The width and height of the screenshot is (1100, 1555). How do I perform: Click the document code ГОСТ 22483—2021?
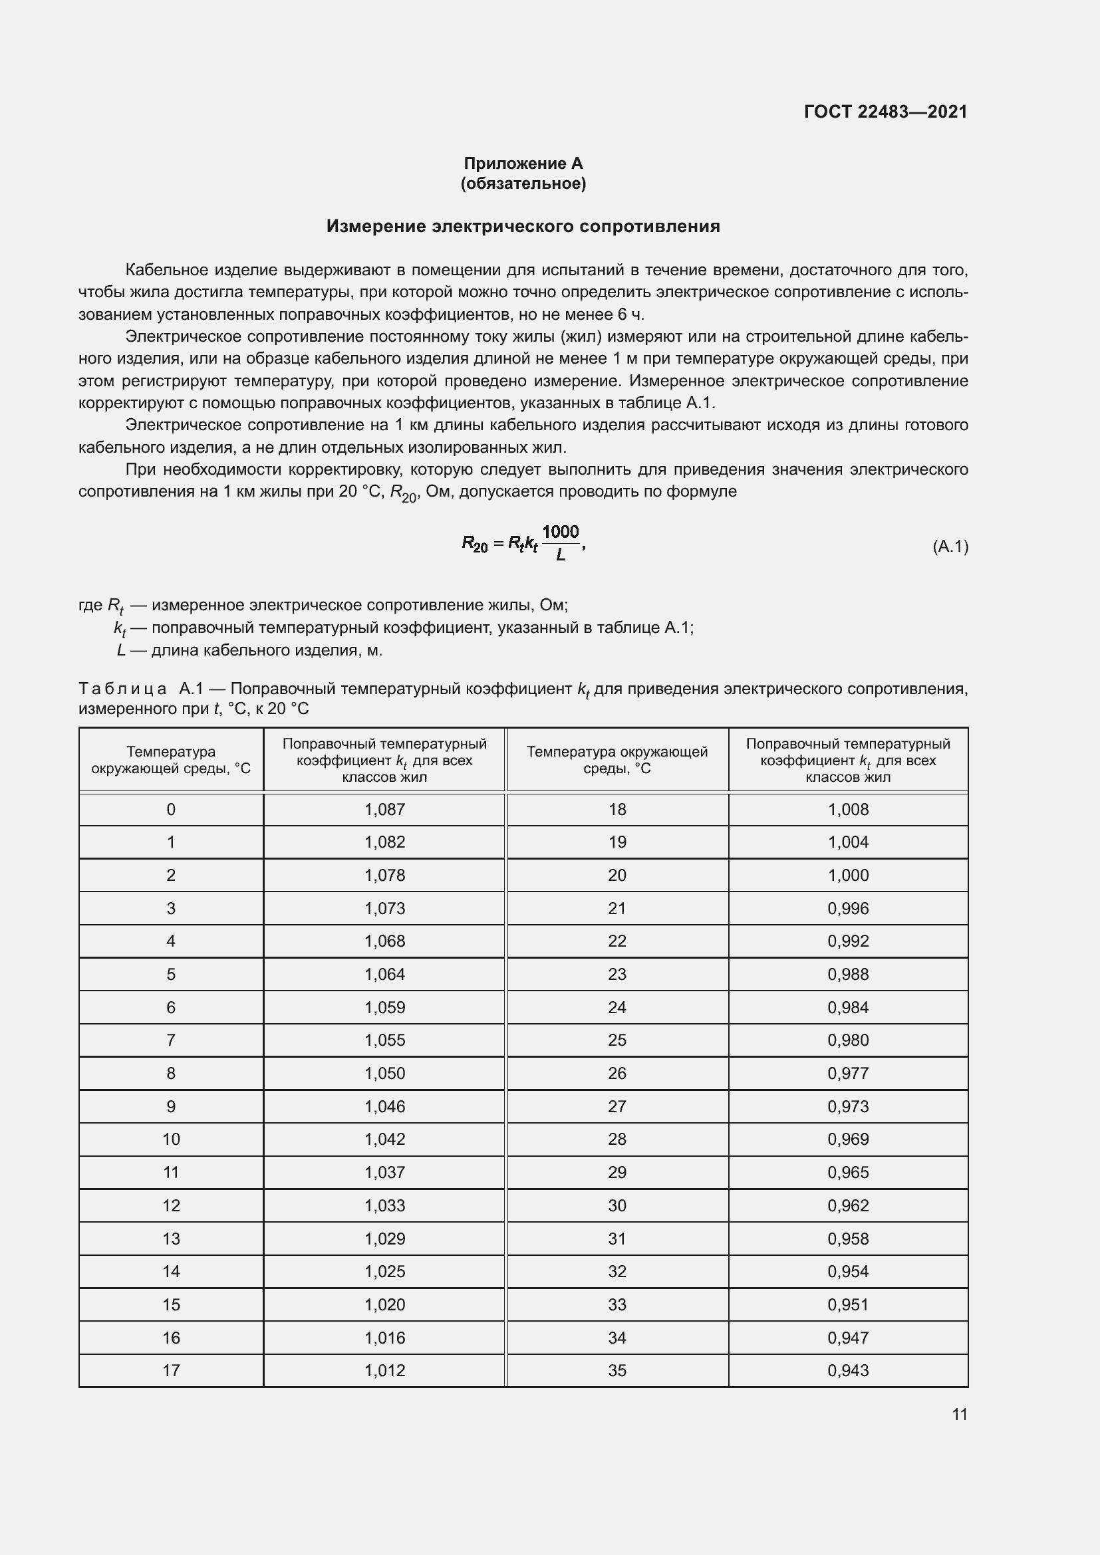[x=885, y=112]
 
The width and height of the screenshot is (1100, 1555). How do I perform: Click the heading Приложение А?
[x=523, y=164]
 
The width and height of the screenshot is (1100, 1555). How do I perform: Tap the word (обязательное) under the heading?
[x=523, y=183]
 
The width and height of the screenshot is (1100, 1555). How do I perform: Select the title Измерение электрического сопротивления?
[x=523, y=226]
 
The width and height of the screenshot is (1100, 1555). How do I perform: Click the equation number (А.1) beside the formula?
[x=950, y=546]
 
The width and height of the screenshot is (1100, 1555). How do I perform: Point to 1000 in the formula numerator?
[x=560, y=532]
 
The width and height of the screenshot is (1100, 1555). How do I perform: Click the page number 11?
[x=959, y=1414]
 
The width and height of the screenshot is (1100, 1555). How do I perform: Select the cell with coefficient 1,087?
[x=384, y=809]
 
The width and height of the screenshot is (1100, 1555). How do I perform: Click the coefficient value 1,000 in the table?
[x=848, y=875]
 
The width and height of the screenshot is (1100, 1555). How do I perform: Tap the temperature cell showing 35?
[x=617, y=1370]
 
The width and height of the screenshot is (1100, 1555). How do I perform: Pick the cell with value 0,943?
[x=848, y=1370]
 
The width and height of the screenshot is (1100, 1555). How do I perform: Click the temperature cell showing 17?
[x=171, y=1370]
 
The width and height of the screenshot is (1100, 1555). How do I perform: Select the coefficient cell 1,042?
[x=384, y=1139]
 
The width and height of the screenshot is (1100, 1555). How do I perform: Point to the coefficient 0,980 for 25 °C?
[x=848, y=1040]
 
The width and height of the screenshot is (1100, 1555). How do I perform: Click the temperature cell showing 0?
[x=171, y=809]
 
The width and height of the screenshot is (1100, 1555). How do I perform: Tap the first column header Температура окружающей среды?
[x=171, y=760]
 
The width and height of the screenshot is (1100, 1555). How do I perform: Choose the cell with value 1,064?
[x=384, y=974]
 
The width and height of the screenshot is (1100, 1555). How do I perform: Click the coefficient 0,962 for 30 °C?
[x=848, y=1205]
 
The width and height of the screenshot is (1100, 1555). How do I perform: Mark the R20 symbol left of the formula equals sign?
[x=474, y=544]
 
